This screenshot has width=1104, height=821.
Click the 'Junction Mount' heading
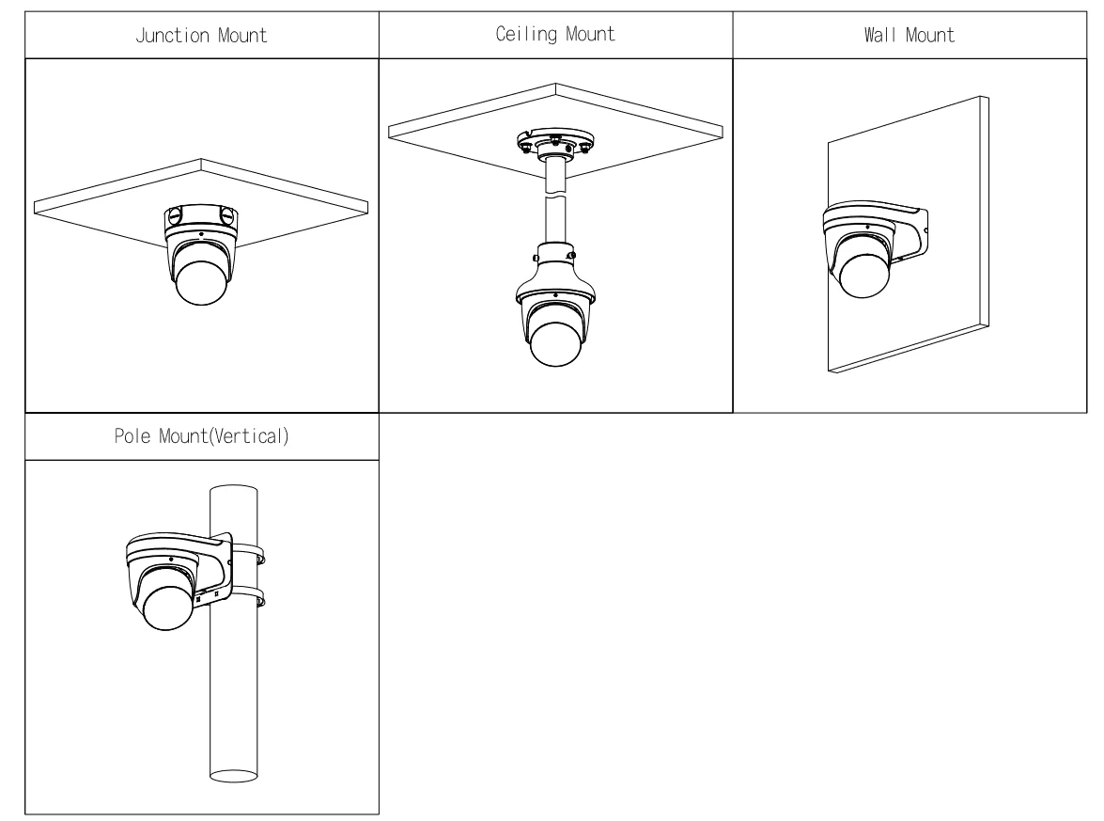[x=201, y=36]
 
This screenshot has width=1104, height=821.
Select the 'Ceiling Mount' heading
[x=555, y=36]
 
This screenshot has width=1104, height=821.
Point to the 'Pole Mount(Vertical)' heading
[x=201, y=439]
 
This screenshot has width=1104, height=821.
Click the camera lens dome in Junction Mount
[x=200, y=281]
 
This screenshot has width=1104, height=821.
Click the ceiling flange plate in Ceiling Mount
[x=554, y=143]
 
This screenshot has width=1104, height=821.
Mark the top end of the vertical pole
[x=232, y=491]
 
